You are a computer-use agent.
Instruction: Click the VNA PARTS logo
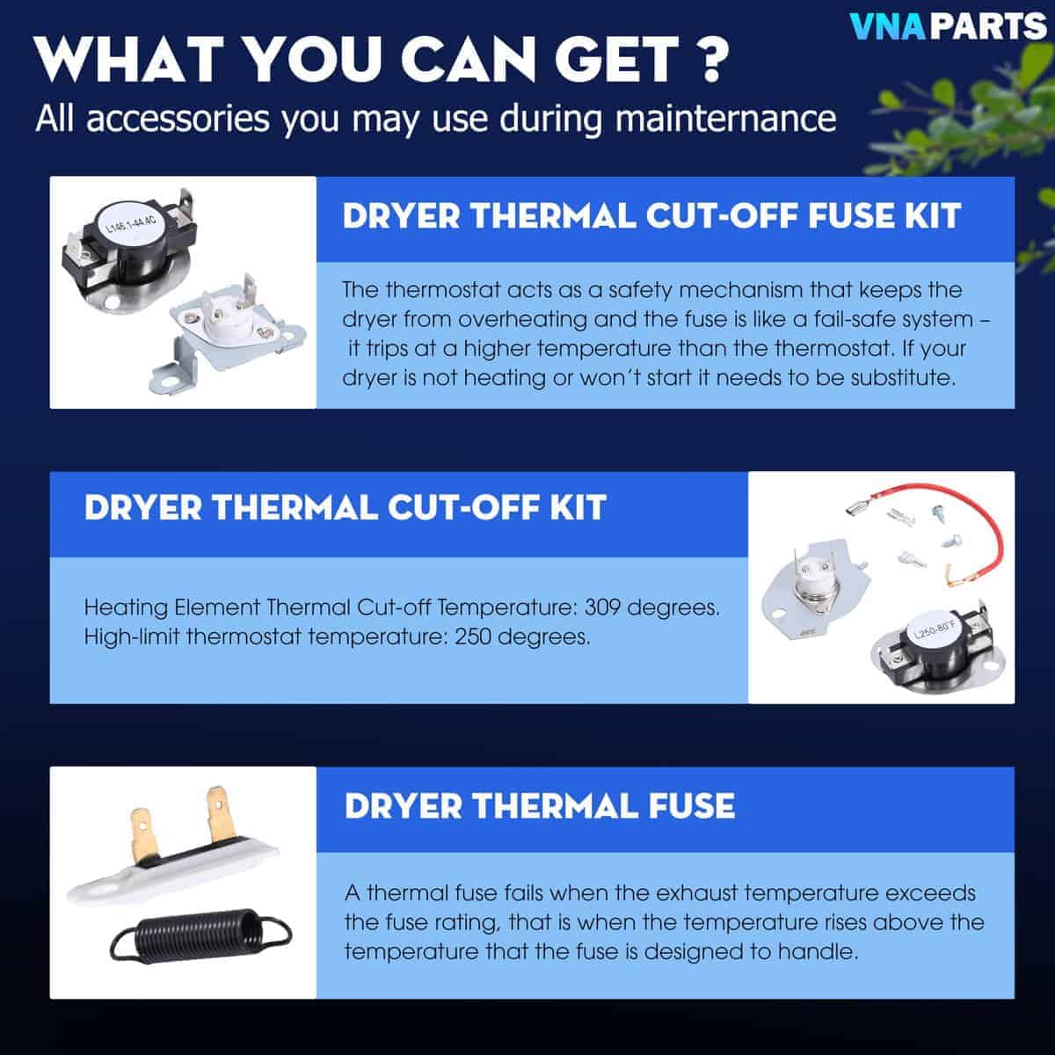coord(948,26)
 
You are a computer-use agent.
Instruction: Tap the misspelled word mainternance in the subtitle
coord(726,119)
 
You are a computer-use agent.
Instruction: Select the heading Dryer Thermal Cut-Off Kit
coord(346,507)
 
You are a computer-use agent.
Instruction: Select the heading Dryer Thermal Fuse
coord(540,806)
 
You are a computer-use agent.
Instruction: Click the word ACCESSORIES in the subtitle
coord(178,119)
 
